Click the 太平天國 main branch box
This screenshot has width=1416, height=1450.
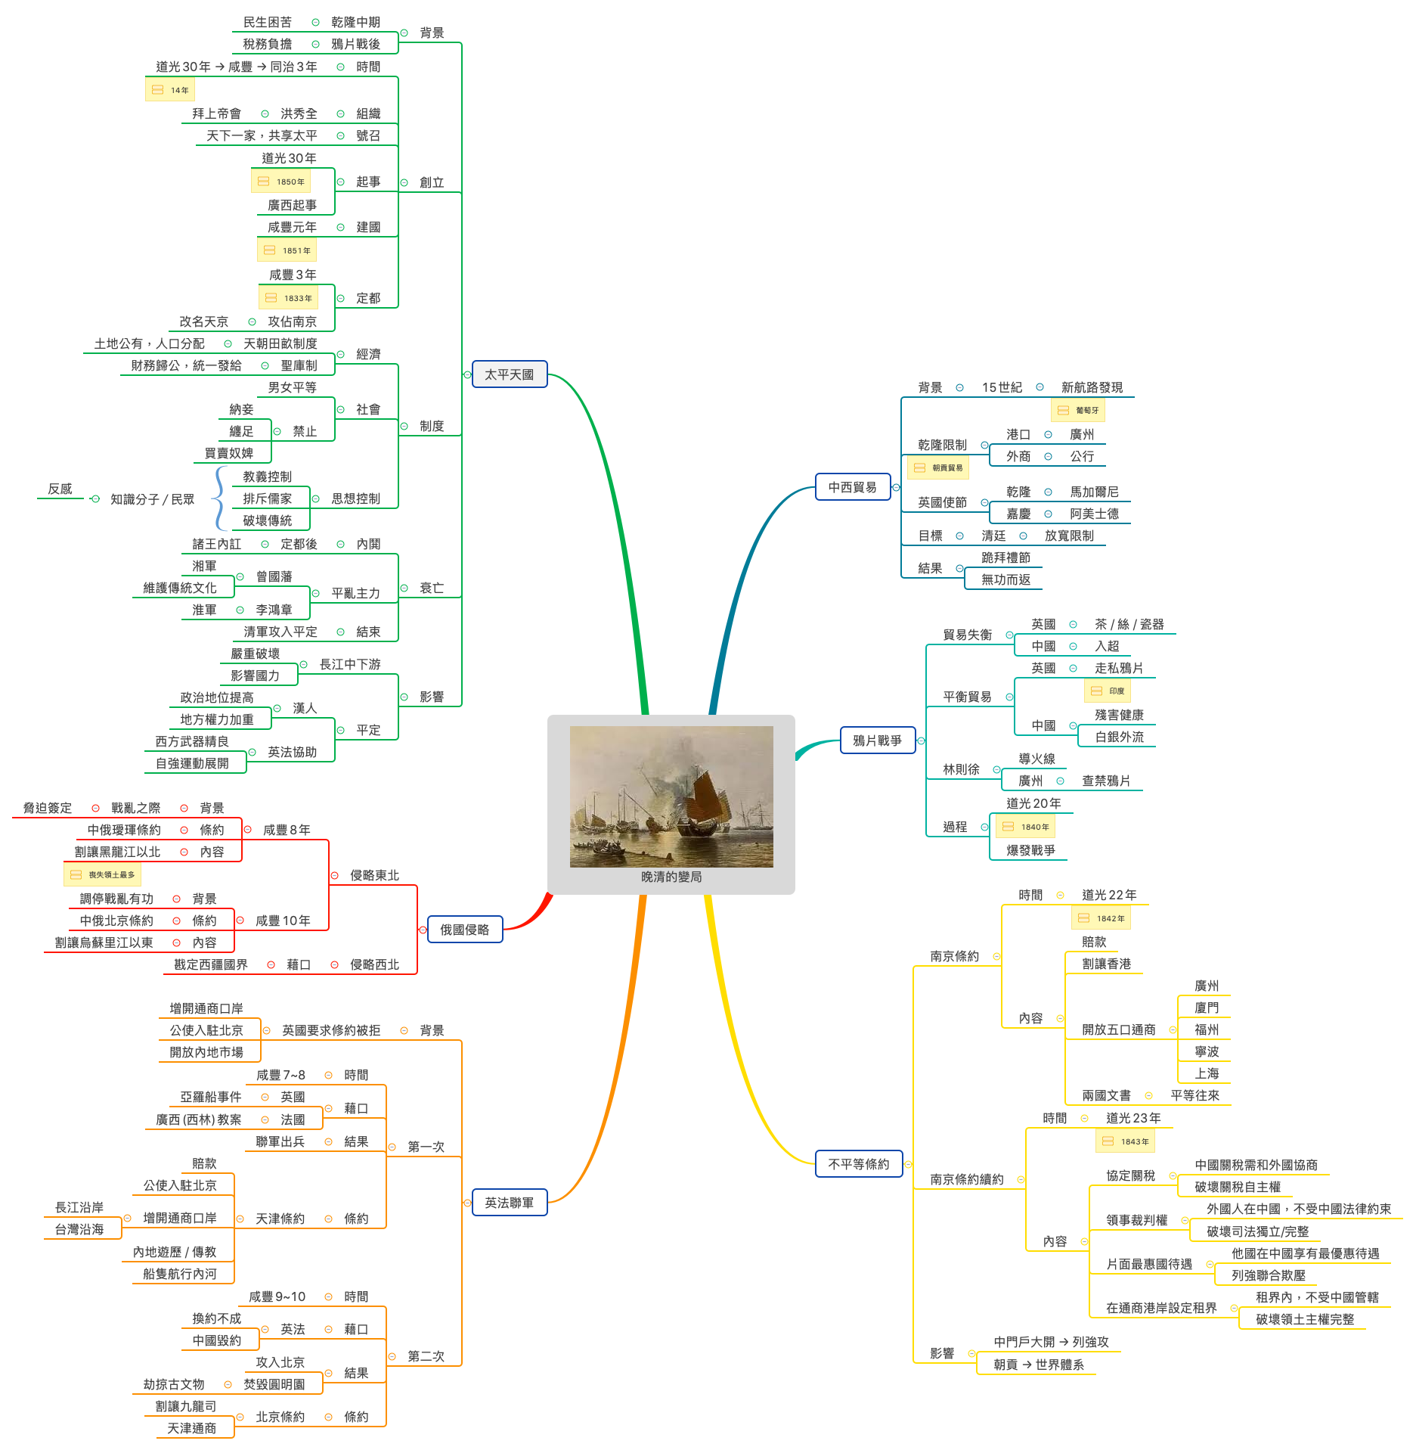pos(509,374)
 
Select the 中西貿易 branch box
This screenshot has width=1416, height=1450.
pos(852,487)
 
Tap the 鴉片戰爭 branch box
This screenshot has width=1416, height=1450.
pos(877,741)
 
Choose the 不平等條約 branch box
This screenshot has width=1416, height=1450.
pos(858,1164)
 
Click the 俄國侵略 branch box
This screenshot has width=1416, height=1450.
pos(464,930)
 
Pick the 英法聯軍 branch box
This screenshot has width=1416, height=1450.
pos(509,1203)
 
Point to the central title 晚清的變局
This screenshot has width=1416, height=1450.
pos(671,877)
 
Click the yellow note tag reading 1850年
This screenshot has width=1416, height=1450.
pos(281,182)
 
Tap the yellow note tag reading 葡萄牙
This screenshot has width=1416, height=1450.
pos(1078,410)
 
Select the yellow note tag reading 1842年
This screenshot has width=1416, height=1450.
pos(1101,918)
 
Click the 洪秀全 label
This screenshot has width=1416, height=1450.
pos(299,113)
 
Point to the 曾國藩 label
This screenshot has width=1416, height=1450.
pos(274,576)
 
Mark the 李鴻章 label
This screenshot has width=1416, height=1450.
pos(274,610)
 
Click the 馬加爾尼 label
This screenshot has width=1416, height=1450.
pos(1094,492)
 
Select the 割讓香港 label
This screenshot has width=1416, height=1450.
pos(1106,964)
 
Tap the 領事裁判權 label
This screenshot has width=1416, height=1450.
pos(1136,1220)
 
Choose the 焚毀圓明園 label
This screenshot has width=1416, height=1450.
pos(274,1384)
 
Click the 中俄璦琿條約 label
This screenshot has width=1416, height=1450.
pos(124,830)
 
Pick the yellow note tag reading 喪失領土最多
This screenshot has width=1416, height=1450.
pos(103,874)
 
